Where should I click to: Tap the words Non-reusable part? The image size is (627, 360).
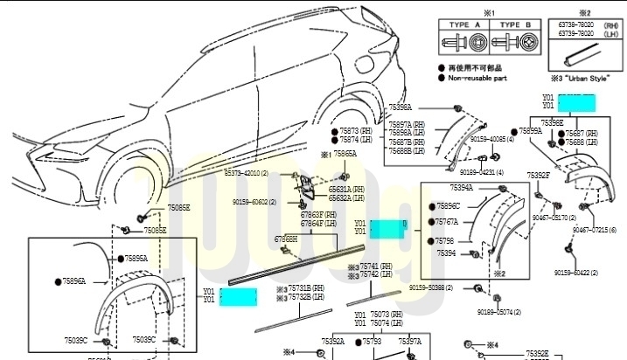pos(477,78)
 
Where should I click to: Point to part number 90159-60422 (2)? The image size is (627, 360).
pos(575,273)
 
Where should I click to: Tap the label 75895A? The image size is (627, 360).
pos(136,259)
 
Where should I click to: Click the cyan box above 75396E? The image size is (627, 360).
pos(576,102)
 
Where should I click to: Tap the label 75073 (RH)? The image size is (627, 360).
pos(386,314)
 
